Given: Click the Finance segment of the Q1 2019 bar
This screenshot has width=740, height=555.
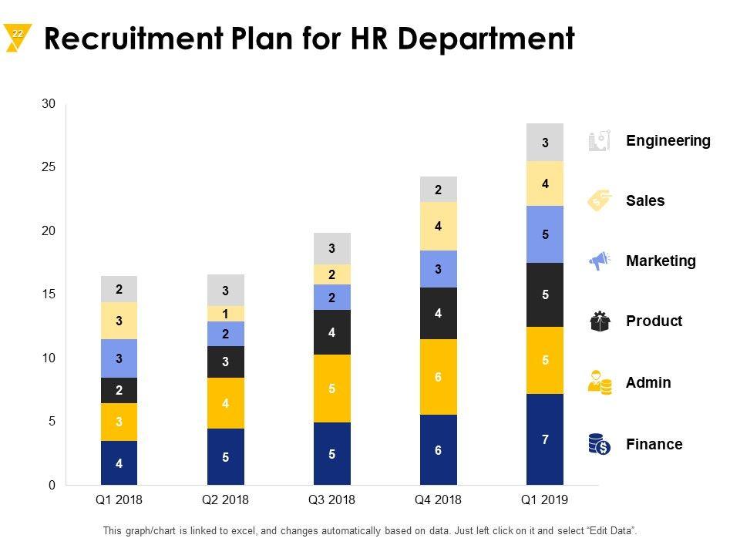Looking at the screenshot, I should coord(545,439).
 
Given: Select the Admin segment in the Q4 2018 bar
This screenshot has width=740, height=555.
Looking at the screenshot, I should coord(438,377).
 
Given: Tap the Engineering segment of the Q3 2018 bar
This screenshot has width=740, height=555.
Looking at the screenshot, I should coord(332,248).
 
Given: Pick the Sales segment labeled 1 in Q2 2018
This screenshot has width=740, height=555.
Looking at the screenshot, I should coord(226,314).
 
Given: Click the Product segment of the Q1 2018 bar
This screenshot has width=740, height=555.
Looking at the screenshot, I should coord(119,390).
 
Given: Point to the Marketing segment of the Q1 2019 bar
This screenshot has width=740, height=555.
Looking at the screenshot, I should coord(545,234).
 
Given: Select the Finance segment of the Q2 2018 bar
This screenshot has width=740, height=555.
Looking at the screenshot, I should coord(226,456).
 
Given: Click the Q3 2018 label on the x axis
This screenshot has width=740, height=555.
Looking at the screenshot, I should coord(331,499).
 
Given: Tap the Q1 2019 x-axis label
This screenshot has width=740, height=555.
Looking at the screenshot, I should coord(544,499).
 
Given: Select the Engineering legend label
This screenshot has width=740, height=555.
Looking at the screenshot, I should coord(668,141).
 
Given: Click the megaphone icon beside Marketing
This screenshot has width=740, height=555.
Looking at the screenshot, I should coord(599,261).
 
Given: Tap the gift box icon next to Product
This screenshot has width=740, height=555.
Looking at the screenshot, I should coord(600,321).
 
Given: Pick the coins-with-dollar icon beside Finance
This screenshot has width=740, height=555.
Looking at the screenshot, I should coord(599,443).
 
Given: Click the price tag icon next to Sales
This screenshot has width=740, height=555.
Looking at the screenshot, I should coord(599,200).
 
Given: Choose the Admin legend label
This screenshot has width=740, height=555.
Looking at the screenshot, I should coord(648,383).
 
